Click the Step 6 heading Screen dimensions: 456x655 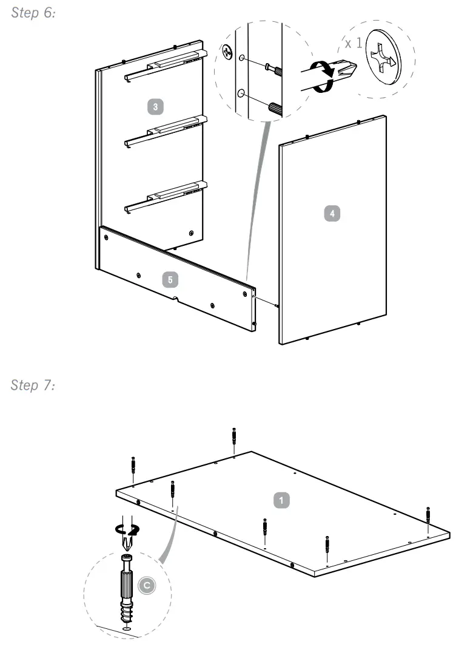click(33, 13)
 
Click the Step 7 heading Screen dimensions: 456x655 click(33, 385)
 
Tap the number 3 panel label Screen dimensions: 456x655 click(155, 106)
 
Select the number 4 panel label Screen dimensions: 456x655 click(332, 214)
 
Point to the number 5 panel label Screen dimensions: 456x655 click(170, 279)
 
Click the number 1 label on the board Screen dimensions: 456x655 click(281, 500)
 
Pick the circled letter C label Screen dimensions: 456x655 click(147, 585)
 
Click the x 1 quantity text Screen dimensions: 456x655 click(354, 43)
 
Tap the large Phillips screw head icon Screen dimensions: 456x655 click(383, 57)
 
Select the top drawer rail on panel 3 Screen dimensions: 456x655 click(166, 65)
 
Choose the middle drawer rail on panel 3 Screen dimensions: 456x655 click(166, 131)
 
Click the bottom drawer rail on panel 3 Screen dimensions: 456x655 click(166, 196)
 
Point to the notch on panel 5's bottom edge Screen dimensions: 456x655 click(176, 299)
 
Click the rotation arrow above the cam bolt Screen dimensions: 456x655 click(127, 529)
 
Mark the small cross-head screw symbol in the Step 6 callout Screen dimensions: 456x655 click(227, 52)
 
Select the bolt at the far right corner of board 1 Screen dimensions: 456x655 click(428, 514)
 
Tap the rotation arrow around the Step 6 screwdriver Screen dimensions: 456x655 click(324, 76)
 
